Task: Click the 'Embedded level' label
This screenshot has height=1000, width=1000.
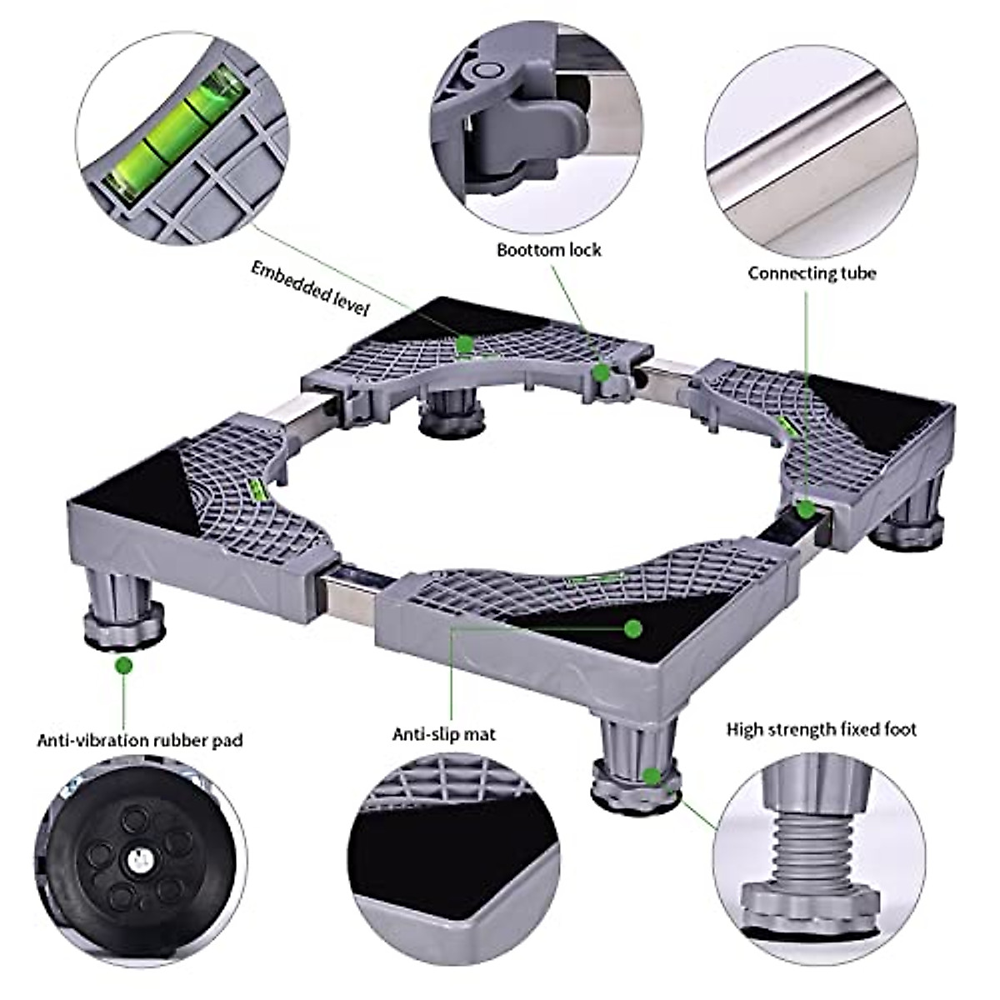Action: tap(310, 287)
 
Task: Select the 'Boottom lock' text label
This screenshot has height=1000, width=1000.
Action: tap(548, 250)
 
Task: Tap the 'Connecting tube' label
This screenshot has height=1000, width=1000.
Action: tap(811, 273)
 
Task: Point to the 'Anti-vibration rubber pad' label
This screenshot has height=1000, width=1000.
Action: tap(140, 740)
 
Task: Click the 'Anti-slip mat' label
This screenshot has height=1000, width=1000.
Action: tap(443, 734)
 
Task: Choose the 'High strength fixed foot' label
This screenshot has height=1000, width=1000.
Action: tap(821, 730)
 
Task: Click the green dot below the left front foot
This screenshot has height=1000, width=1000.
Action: tap(124, 666)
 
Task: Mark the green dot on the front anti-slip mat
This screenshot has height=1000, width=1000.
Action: tap(633, 627)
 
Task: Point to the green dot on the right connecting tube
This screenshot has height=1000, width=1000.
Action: tap(805, 509)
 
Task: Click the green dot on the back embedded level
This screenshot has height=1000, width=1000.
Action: tap(465, 342)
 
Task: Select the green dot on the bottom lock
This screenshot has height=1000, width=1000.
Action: tap(599, 372)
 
